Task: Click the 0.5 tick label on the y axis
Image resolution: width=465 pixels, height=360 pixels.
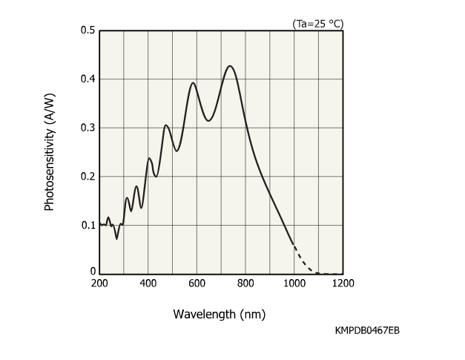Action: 88,30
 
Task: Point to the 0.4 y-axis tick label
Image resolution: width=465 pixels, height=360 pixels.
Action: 88,79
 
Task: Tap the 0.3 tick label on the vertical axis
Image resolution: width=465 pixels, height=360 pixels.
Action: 88,128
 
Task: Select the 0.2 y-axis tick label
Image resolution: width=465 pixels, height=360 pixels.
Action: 88,176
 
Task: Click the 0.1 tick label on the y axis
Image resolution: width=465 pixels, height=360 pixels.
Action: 88,225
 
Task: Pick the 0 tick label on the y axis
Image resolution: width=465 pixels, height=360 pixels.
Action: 93,272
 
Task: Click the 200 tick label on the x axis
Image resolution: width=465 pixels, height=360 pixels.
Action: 99,283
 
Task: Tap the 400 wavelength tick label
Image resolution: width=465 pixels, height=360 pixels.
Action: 148,283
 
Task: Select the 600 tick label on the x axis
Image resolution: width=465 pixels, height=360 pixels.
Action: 197,283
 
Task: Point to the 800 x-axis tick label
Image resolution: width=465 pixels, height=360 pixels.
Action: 245,283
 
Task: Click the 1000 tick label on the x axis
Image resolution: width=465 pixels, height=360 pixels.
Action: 294,283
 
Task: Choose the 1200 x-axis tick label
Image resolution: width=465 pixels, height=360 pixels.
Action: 343,283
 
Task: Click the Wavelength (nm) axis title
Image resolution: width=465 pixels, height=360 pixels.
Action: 219,314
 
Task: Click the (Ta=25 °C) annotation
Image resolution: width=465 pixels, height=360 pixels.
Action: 318,24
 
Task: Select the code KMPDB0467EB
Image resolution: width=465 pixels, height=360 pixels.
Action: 367,330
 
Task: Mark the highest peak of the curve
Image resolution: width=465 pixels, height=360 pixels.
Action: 230,66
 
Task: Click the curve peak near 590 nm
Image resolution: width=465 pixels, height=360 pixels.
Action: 193,83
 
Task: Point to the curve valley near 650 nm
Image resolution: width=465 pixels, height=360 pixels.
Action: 209,120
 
